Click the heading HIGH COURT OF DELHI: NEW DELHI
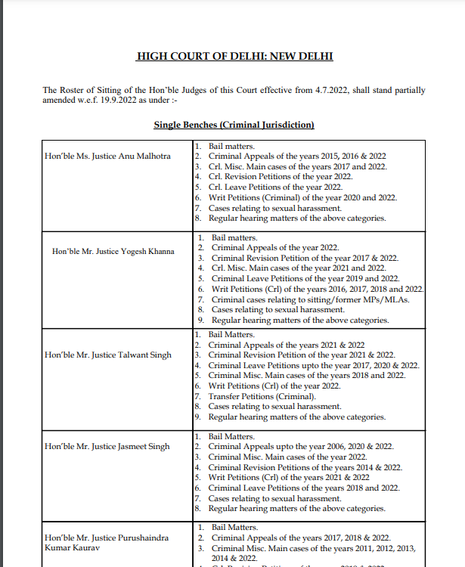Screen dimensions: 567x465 click(234, 57)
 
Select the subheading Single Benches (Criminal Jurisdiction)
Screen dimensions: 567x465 click(234, 124)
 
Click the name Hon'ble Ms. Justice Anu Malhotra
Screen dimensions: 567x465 click(108, 156)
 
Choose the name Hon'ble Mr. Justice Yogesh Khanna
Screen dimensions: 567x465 click(113, 251)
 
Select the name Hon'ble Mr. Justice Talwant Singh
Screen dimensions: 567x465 click(108, 355)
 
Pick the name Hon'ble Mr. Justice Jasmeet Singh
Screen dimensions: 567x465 click(107, 446)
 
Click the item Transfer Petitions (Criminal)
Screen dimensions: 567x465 click(262, 396)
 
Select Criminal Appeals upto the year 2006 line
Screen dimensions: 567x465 click(301, 446)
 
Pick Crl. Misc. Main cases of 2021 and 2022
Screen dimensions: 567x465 click(299, 268)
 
